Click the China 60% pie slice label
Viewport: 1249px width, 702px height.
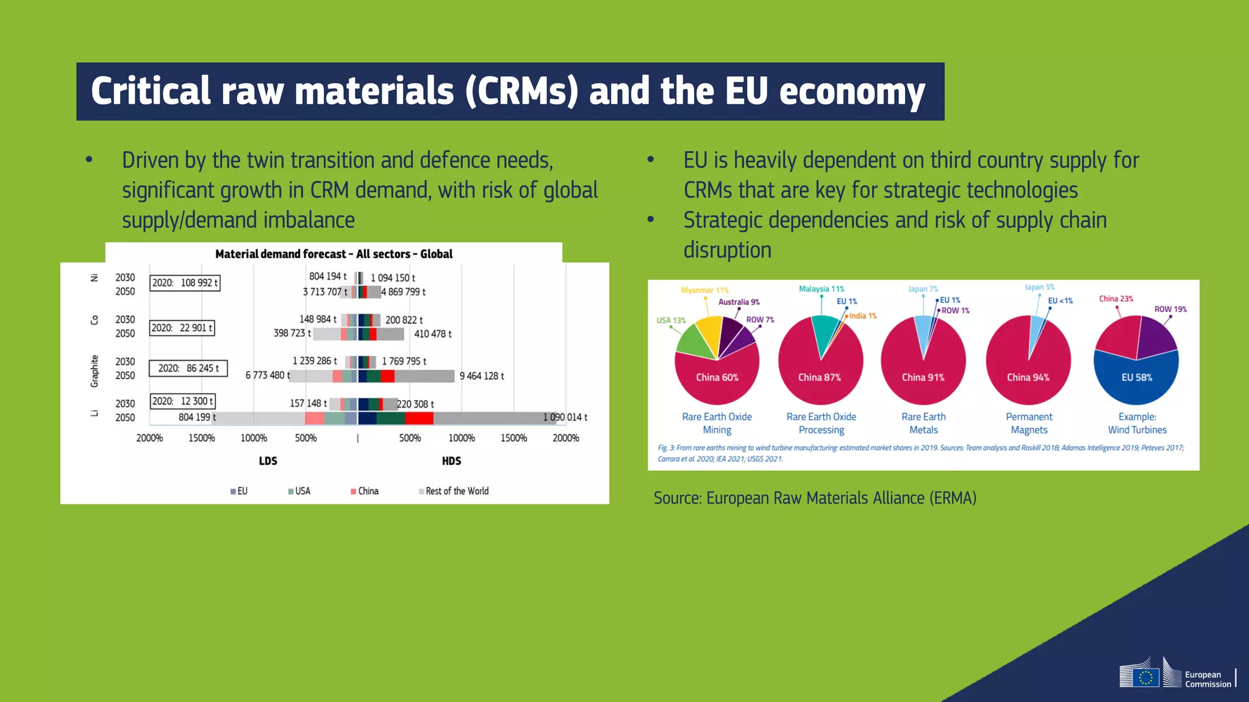click(x=717, y=378)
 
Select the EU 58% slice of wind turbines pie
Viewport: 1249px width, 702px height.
click(x=1137, y=378)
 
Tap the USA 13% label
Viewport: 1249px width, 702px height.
click(x=671, y=321)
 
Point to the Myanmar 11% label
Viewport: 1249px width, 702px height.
click(x=704, y=291)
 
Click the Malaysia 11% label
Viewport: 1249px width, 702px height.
click(x=821, y=289)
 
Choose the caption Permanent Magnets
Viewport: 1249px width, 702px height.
click(x=1029, y=423)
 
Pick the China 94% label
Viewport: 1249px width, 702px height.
click(x=1028, y=378)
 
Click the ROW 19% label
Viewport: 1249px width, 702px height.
click(x=1170, y=310)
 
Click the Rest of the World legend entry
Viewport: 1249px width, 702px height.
click(x=454, y=491)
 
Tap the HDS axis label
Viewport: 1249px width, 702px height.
click(x=451, y=461)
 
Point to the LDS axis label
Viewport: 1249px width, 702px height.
click(x=268, y=461)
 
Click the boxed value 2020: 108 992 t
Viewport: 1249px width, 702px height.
click(x=185, y=283)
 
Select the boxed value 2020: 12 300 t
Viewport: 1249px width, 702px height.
click(x=182, y=402)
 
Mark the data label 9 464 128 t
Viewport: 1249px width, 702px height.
click(x=482, y=376)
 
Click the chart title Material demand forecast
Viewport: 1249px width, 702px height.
click(x=334, y=254)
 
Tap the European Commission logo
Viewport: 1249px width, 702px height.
click(x=1177, y=674)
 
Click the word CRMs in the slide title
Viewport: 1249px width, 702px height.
click(x=521, y=91)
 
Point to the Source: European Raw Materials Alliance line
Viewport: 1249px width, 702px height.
click(x=815, y=498)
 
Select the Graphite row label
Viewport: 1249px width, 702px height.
click(x=95, y=371)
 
